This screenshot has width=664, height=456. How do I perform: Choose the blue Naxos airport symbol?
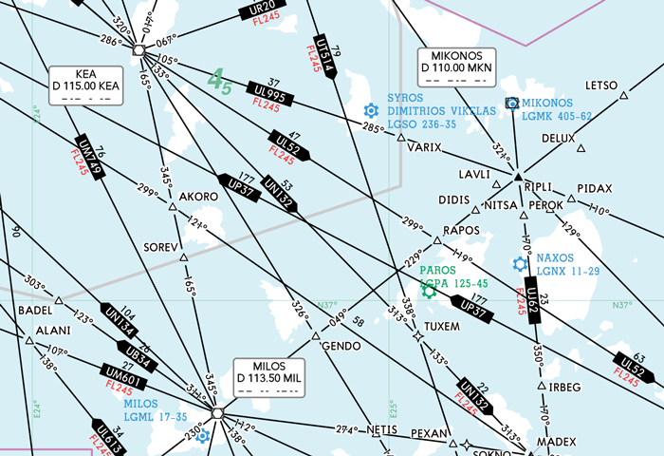(520, 264)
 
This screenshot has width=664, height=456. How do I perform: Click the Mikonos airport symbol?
(512, 103)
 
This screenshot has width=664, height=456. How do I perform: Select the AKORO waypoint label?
(198, 197)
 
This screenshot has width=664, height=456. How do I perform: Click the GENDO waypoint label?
(337, 347)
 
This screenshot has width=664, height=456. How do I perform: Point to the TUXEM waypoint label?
(441, 326)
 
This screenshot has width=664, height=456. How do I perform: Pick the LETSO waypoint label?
(601, 85)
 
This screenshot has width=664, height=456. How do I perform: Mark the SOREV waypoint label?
(160, 247)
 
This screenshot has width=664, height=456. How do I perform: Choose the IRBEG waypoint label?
(564, 387)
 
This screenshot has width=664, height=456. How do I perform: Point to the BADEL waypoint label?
(34, 311)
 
